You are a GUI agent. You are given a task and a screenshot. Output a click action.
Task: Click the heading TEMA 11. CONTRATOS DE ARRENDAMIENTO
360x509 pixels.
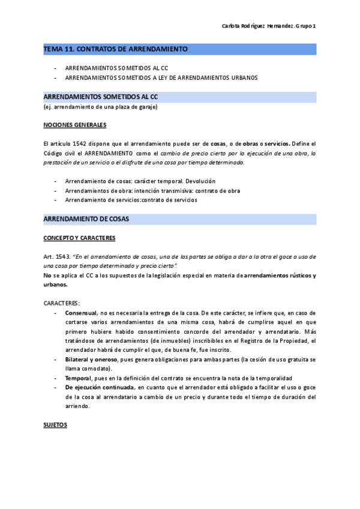(116, 49)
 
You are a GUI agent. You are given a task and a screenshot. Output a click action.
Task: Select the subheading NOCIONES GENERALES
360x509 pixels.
(75, 125)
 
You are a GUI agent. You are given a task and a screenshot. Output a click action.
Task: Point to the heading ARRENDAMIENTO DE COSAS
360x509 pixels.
(86, 219)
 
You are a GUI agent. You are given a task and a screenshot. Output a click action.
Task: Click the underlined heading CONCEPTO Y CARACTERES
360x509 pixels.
(79, 238)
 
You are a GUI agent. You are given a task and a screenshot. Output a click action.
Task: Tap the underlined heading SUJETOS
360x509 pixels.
(55, 424)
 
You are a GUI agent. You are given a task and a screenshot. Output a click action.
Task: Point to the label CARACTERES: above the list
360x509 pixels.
(62, 303)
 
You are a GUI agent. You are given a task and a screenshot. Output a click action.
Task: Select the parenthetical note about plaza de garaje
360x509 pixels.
(101, 107)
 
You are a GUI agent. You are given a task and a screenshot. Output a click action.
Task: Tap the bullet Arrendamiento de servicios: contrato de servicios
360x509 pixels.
(131, 200)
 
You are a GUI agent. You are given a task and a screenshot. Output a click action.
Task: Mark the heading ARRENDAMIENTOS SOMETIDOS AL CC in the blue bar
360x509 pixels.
(101, 97)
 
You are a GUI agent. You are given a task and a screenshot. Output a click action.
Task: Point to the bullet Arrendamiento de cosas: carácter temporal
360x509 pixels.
(140, 181)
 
